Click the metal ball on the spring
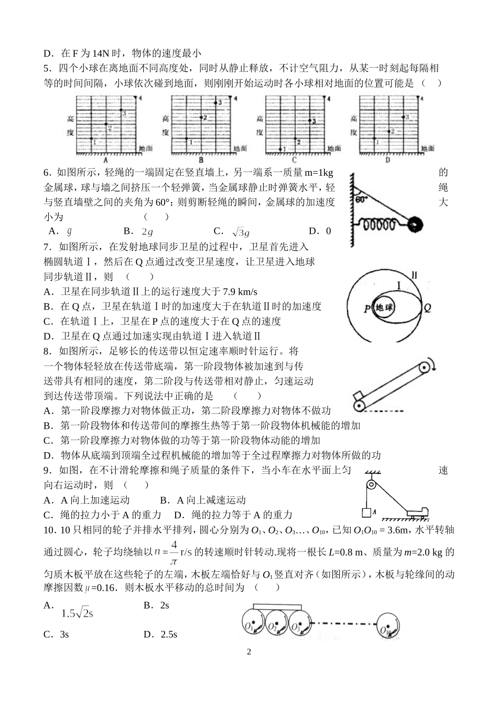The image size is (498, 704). pos(415,225)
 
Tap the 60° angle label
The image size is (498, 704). pos(361,200)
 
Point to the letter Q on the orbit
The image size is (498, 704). pos(427,308)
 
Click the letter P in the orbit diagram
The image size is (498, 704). pos(367,308)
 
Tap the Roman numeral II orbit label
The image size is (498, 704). pos(414,275)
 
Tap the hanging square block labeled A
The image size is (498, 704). pos(366,512)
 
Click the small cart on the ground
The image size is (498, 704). pos(417,510)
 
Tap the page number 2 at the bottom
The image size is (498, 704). pos(249,652)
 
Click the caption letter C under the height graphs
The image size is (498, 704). pos(294,160)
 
